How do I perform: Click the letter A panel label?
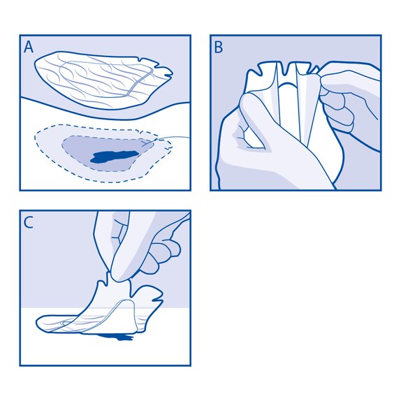(29, 47)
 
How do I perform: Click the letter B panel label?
(219, 47)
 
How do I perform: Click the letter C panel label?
(29, 223)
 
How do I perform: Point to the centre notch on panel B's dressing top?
(287, 70)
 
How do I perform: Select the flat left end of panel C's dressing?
(49, 323)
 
